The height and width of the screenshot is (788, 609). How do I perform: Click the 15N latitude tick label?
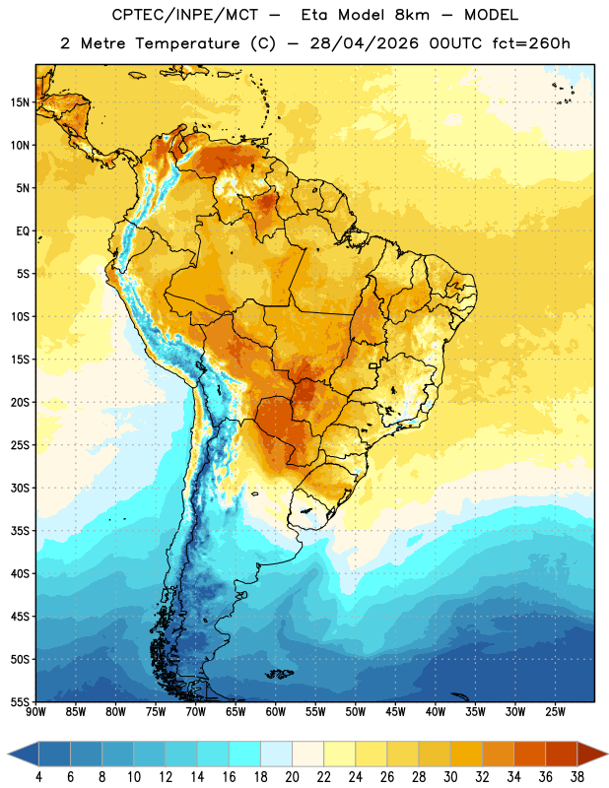click(x=20, y=102)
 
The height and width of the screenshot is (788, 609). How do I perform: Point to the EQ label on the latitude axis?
click(x=23, y=231)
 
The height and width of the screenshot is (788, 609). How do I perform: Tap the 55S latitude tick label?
click(x=20, y=701)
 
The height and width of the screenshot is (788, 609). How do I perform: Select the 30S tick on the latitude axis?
click(x=20, y=488)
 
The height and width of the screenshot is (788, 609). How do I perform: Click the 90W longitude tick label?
click(x=35, y=711)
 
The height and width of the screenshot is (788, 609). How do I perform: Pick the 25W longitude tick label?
click(x=555, y=711)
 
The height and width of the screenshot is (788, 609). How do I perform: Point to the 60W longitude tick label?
click(x=276, y=711)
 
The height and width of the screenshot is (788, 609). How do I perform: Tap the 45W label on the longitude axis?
click(x=395, y=711)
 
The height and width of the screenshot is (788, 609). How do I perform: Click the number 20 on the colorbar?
click(x=292, y=777)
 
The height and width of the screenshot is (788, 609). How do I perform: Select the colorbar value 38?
click(x=577, y=777)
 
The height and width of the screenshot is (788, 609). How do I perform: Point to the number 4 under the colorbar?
click(x=38, y=777)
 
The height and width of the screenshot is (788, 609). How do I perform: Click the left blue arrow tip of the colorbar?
click(x=8, y=754)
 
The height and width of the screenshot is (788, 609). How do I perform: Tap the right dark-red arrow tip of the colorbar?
click(x=607, y=754)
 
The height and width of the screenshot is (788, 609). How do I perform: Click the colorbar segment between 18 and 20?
click(x=277, y=754)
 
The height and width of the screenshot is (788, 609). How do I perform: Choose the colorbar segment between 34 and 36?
click(x=530, y=754)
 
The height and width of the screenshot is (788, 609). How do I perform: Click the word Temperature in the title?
click(x=187, y=43)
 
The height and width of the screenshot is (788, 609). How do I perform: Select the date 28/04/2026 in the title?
click(x=364, y=43)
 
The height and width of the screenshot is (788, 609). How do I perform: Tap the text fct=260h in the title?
click(x=531, y=43)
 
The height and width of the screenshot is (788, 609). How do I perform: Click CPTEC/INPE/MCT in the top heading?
click(x=184, y=15)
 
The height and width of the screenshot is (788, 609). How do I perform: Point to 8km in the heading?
click(x=412, y=15)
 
